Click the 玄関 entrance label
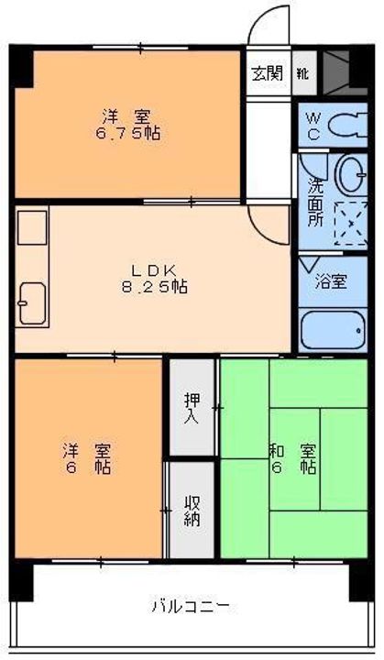click(x=267, y=73)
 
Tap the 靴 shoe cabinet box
click(x=304, y=73)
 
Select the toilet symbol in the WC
click(x=347, y=125)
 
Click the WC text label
click(x=313, y=126)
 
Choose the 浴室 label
click(x=332, y=281)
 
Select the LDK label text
click(x=153, y=269)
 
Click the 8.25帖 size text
click(x=155, y=287)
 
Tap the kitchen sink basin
click(x=32, y=303)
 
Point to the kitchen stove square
click(x=32, y=227)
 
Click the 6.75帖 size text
click(x=127, y=134)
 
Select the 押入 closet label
click(x=192, y=408)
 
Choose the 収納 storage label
click(x=192, y=511)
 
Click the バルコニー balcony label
click(x=191, y=606)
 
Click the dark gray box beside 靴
click(x=336, y=72)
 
